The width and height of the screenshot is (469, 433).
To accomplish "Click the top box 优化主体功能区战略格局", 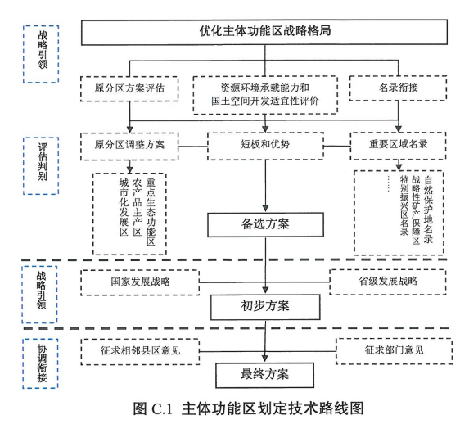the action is point(264,32).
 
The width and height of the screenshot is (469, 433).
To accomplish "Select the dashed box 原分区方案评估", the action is point(129,88).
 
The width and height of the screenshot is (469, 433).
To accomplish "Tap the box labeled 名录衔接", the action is point(398,88).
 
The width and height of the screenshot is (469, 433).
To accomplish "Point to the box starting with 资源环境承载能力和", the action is point(265,95).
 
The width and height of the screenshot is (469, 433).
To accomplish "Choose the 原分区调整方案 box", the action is point(129,147).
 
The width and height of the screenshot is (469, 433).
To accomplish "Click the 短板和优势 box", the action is point(265,146).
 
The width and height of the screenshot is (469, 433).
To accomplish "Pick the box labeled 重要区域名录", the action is point(398,146).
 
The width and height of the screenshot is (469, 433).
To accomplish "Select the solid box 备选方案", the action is point(266,224).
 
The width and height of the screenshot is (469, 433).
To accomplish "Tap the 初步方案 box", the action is point(265,307).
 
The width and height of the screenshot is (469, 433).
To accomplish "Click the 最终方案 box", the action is point(264,375).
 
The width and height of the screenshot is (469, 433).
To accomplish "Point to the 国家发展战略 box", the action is point(140,282).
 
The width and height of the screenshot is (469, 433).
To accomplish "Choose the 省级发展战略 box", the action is point(388,282).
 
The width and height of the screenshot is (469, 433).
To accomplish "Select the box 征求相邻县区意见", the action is point(140,352).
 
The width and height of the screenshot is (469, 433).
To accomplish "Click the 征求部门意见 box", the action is point(394,351).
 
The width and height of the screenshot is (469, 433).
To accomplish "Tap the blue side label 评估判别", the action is point(41,166).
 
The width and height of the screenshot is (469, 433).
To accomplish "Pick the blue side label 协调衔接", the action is point(40,363).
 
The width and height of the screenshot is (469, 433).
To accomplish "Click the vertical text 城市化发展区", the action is point(124,208).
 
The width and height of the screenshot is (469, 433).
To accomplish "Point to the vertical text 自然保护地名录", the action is point(428,210).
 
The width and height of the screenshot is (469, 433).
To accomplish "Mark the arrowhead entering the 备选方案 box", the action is point(265,209).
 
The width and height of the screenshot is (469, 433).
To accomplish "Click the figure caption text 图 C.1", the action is point(153,408).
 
